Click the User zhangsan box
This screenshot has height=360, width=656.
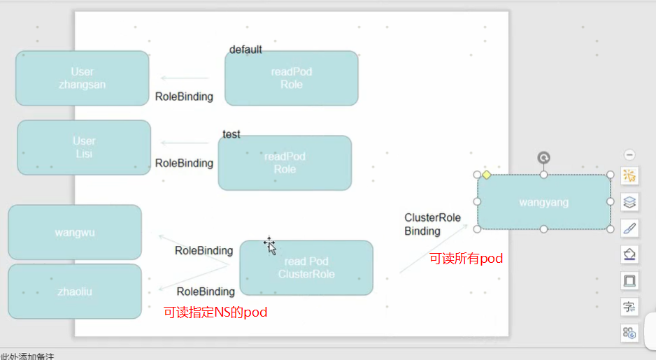pos(82,78)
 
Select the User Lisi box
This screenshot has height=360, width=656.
pos(84,147)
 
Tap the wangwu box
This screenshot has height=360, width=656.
pos(75,232)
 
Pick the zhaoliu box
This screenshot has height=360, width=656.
pos(75,291)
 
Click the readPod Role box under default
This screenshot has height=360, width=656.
pos(291,78)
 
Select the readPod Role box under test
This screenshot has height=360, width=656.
pos(285,163)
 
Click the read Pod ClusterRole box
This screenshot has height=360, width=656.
pos(306,268)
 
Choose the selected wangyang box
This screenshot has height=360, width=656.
pos(543,202)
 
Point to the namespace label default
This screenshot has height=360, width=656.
pos(245,50)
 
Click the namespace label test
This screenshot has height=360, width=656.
pos(231,134)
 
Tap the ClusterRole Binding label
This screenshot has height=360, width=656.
pos(432,224)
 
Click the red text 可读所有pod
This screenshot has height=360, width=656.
pos(466,259)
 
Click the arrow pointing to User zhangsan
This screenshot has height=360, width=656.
pos(185,78)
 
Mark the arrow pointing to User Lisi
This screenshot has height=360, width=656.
pos(185,143)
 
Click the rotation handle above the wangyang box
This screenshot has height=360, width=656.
pos(543,158)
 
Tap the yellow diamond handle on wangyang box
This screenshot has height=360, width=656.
pos(486,175)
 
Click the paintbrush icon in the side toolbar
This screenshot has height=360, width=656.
pos(629,228)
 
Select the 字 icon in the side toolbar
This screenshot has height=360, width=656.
pos(629,306)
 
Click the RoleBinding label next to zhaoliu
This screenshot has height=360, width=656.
pos(206,291)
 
